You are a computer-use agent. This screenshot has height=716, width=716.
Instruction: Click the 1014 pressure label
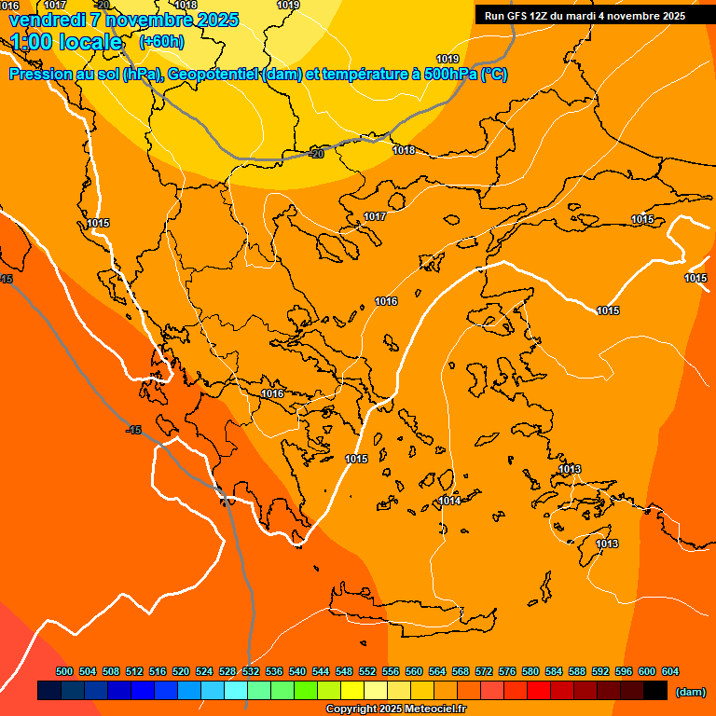click(x=449, y=501)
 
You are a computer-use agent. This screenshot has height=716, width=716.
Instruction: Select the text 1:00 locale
click(x=66, y=42)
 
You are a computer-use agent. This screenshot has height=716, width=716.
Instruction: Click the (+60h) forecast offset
click(x=161, y=42)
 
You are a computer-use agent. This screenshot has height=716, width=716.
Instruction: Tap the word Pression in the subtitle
click(x=39, y=75)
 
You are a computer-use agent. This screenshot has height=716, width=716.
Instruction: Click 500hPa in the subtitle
click(x=445, y=75)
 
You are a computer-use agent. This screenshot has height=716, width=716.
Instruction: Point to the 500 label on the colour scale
click(x=64, y=671)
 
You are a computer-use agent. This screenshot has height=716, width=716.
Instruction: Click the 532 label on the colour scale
click(x=251, y=671)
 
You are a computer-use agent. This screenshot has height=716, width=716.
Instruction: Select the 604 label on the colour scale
click(x=670, y=671)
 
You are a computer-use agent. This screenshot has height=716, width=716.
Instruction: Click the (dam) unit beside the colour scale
click(x=690, y=691)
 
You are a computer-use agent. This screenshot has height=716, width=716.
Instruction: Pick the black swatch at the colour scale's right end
click(x=655, y=691)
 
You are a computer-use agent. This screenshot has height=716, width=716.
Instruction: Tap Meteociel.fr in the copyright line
click(x=430, y=709)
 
